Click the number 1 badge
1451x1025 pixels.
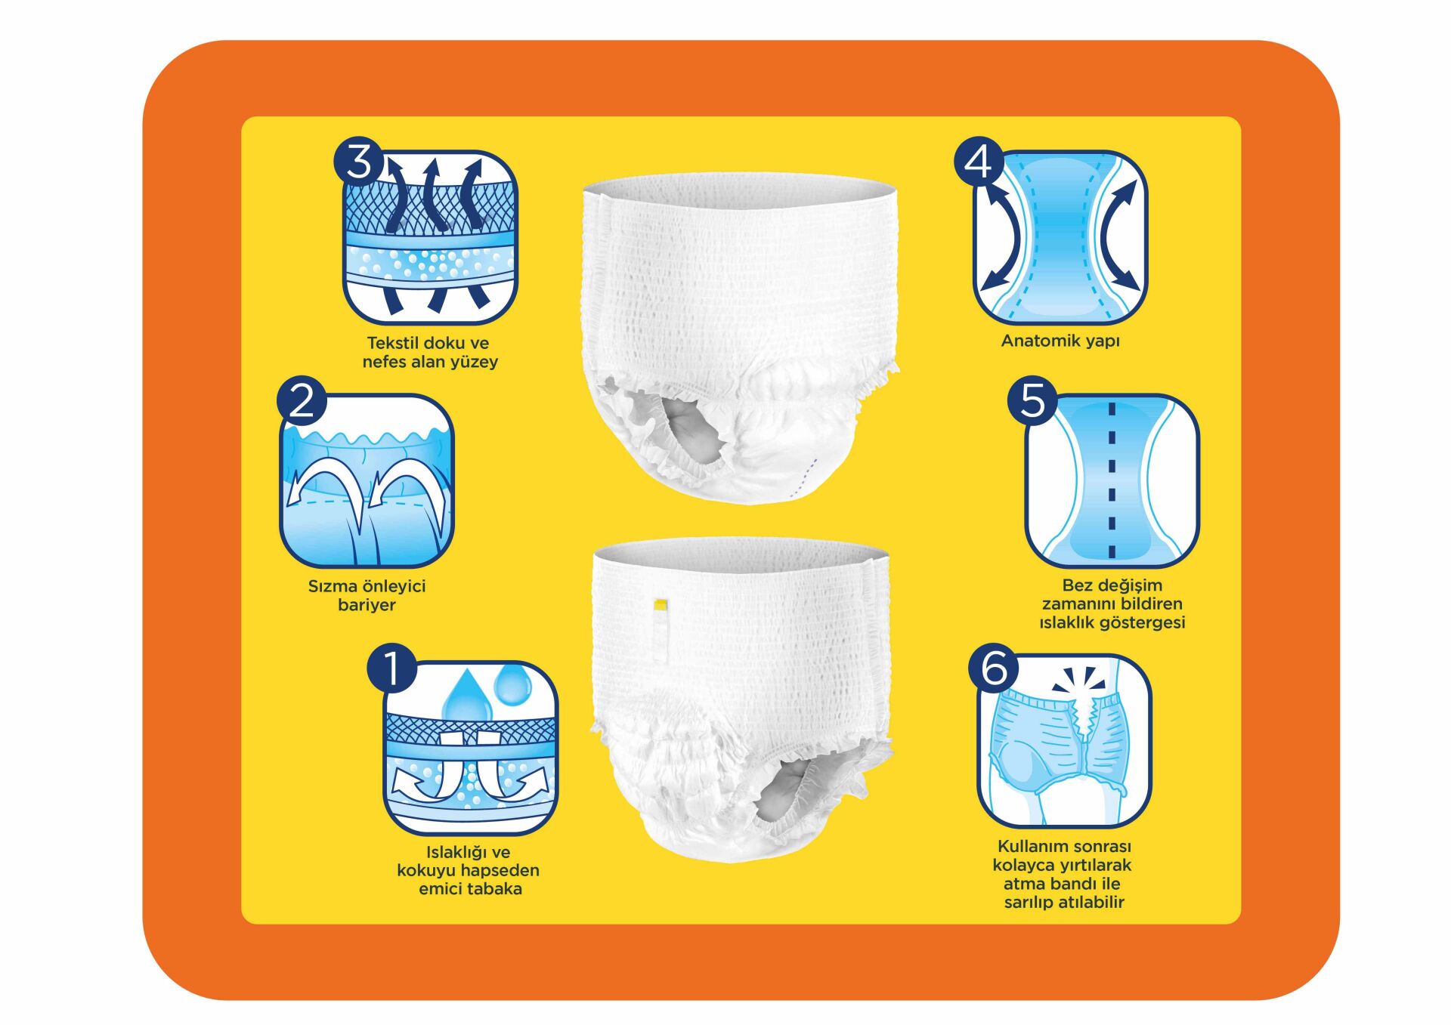pos(391,668)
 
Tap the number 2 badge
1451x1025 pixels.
pos(302,400)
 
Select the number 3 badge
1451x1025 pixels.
pos(359,161)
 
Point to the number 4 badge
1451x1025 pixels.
pos(979,161)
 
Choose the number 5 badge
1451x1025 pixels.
pos(1032,400)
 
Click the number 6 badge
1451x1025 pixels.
pos(994,668)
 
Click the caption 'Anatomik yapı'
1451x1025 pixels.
pos(1060,341)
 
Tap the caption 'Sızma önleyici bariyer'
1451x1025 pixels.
pos(367,595)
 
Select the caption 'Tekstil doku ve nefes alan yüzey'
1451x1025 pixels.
pos(429,352)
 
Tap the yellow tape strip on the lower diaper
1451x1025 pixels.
pos(660,604)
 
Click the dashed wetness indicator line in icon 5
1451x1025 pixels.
pos(1112,480)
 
